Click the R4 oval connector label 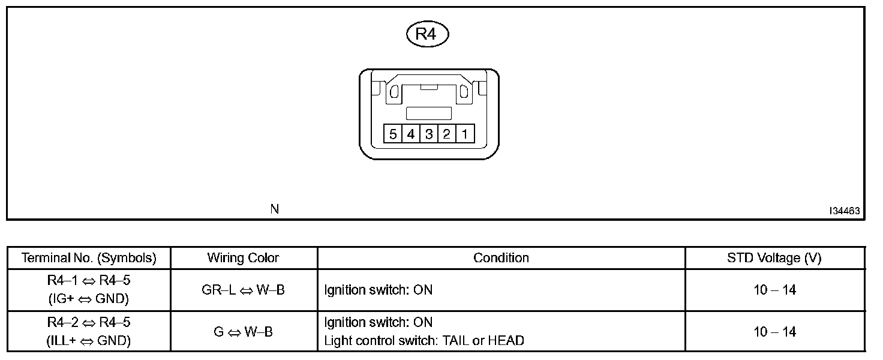coord(427,34)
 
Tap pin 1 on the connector coord(465,133)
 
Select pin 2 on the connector coord(447,133)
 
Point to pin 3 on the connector coord(429,133)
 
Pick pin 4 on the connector coord(411,133)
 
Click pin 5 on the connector coord(393,133)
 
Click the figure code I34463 coord(845,211)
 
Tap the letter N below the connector coord(274,209)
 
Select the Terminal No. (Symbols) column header coord(89,258)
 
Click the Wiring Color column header coord(243,258)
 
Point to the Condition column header coord(501,258)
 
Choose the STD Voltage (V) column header coord(774,258)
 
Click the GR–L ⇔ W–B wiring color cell coord(243,290)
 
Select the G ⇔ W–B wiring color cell coord(243,331)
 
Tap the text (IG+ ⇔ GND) coord(89,299)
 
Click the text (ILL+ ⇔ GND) coord(89,341)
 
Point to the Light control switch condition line coord(424,341)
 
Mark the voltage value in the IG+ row coord(774,290)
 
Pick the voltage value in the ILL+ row coord(774,332)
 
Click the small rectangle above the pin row coord(429,113)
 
